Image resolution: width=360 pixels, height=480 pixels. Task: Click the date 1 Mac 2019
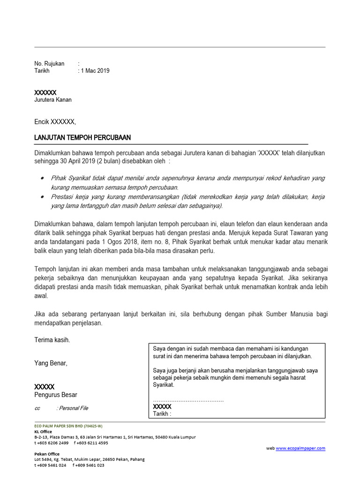[x=95, y=71]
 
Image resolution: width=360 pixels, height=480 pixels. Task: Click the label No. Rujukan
[x=49, y=64]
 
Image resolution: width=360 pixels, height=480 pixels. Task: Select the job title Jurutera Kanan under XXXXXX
[x=53, y=100]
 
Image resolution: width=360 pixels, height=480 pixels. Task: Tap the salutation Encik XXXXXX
[x=54, y=122]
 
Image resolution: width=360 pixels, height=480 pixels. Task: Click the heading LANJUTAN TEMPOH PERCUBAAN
[x=82, y=137]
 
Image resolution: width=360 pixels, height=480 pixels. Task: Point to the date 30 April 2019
[x=75, y=162]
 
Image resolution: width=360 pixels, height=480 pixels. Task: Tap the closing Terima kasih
[x=52, y=340]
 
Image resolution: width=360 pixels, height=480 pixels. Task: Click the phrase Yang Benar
[x=51, y=363]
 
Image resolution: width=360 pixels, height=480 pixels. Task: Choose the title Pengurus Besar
[x=56, y=395]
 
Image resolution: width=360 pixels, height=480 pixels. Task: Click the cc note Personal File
[x=72, y=408]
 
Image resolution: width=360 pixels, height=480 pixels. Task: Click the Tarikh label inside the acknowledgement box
[x=162, y=414]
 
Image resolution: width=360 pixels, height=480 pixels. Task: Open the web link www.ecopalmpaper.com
[x=300, y=449]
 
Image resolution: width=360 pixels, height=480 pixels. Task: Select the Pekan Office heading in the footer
[x=47, y=454]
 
